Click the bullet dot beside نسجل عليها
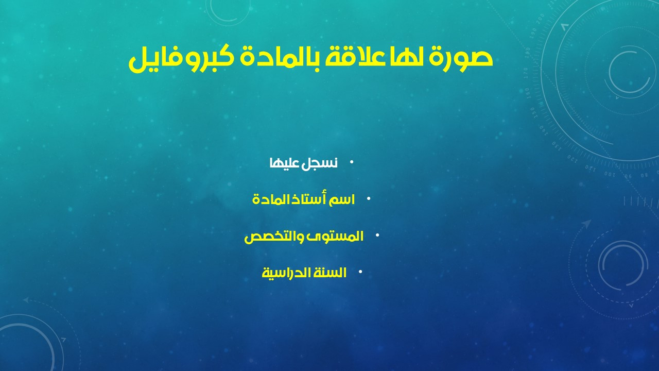click(352, 162)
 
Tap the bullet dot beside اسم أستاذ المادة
click(369, 199)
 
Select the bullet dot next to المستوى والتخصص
click(377, 235)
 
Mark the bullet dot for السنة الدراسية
click(360, 272)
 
